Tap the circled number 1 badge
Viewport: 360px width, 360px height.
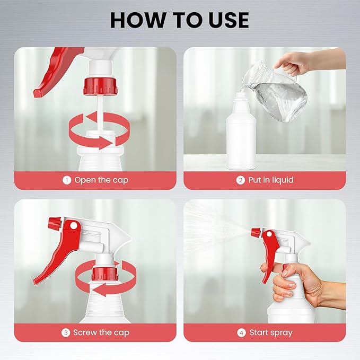click(67, 180)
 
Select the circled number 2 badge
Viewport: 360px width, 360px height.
click(240, 180)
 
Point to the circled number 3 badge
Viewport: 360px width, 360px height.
click(65, 332)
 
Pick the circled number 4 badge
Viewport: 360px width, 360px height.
click(241, 332)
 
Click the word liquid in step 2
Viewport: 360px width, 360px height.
click(283, 180)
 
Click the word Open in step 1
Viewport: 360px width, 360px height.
click(85, 181)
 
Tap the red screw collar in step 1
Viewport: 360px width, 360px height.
click(100, 86)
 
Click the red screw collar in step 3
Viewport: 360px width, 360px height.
click(105, 274)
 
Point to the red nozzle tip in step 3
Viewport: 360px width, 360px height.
click(55, 223)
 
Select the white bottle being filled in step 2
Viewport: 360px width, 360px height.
click(241, 131)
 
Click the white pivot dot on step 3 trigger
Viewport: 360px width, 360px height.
click(74, 226)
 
